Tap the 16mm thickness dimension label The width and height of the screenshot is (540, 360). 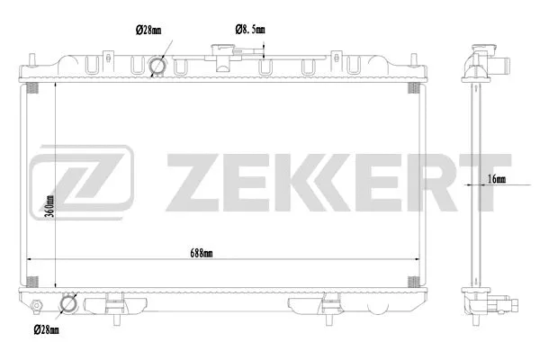tap(496, 179)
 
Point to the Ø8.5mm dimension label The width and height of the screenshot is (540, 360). tap(250, 31)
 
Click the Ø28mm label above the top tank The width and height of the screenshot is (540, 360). tap(148, 31)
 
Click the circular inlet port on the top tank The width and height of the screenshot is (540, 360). tap(158, 67)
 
